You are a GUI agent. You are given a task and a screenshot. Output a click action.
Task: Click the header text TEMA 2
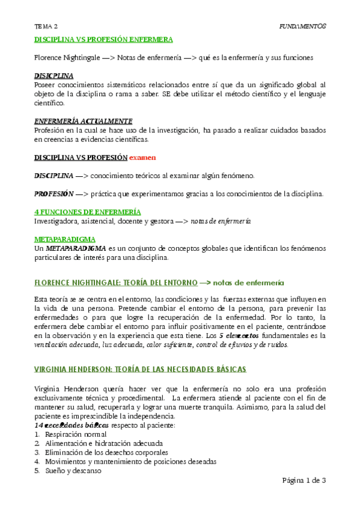[x=46, y=26]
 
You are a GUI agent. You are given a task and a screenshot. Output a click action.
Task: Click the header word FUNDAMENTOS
[x=303, y=26]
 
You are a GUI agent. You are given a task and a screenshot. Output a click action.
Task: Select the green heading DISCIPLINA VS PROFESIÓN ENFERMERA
[x=103, y=40]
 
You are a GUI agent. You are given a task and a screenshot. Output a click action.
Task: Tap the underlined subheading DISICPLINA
[x=54, y=76]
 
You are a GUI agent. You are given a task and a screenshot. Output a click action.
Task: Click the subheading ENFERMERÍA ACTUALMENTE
[x=84, y=121]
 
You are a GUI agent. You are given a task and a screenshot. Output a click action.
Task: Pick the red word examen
[x=143, y=158]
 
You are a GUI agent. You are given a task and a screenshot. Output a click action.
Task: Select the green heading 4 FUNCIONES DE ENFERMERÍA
[x=88, y=212]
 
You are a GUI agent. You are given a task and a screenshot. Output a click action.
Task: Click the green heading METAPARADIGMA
[x=65, y=239]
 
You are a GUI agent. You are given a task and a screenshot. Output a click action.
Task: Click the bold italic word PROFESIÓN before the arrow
[x=53, y=194]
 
